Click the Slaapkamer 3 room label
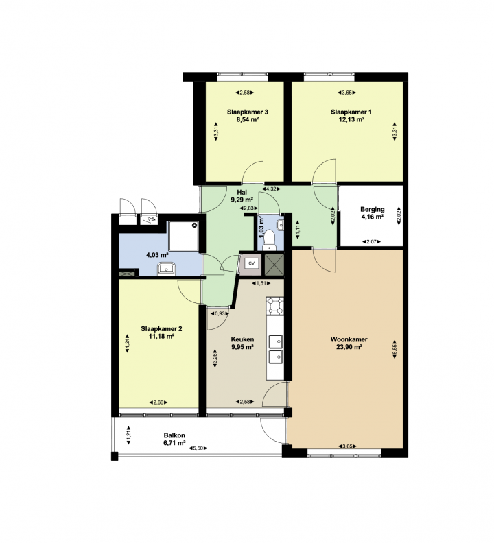(248, 112)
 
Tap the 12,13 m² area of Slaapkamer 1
(351, 120)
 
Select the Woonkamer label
(349, 339)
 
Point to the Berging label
(373, 210)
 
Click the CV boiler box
(252, 263)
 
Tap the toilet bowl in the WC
(269, 239)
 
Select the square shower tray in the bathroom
(184, 236)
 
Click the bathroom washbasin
(167, 269)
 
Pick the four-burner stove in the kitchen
(275, 306)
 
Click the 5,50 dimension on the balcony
(198, 448)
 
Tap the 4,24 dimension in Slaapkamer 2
(127, 343)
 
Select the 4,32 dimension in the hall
(271, 189)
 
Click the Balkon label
(174, 435)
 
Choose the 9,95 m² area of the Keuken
(243, 347)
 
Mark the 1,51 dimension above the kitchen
(261, 283)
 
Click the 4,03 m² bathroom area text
(157, 256)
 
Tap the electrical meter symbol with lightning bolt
(150, 219)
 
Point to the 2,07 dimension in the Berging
(372, 242)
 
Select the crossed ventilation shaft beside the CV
(274, 265)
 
